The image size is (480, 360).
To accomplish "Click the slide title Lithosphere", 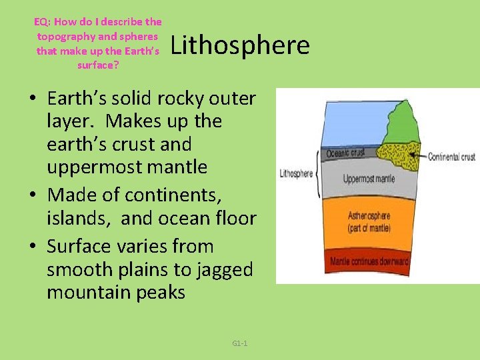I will click(x=241, y=45).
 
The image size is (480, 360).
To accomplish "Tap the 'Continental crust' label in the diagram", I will click(x=451, y=157).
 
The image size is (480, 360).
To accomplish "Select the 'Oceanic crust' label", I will click(x=345, y=153).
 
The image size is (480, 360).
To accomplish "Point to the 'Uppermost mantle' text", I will click(x=369, y=179).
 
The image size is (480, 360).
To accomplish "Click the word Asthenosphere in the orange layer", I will click(x=369, y=216).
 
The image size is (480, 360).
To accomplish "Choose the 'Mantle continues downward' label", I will click(x=369, y=261).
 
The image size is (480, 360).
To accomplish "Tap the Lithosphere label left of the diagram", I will click(x=296, y=173).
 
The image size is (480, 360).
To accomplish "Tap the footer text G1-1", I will click(x=240, y=343).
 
